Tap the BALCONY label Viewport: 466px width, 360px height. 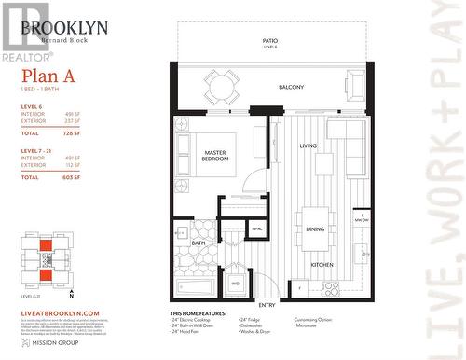[291, 87]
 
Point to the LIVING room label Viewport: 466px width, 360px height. [308, 146]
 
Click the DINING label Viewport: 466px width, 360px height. [315, 228]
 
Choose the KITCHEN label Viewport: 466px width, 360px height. [322, 264]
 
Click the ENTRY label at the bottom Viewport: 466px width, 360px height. [267, 305]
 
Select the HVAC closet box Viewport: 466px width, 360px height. [256, 228]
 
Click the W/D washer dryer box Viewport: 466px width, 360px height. [236, 282]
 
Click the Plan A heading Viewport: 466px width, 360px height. [44, 76]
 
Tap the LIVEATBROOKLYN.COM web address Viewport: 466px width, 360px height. [58, 313]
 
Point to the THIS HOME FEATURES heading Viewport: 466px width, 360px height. [201, 313]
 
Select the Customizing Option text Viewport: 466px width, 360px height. [316, 319]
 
